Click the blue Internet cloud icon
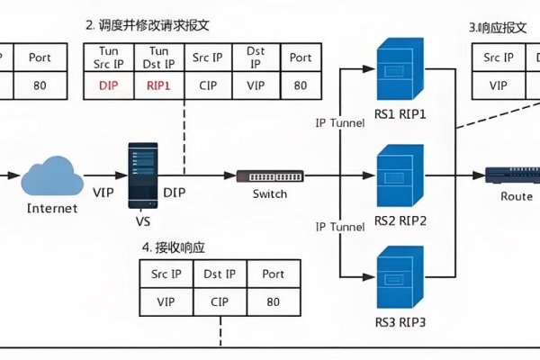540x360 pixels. [x=51, y=175]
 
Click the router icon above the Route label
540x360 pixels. [x=509, y=175]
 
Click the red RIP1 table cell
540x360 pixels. [x=158, y=86]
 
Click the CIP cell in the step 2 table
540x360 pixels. [x=209, y=86]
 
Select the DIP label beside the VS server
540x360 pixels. [x=175, y=192]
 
